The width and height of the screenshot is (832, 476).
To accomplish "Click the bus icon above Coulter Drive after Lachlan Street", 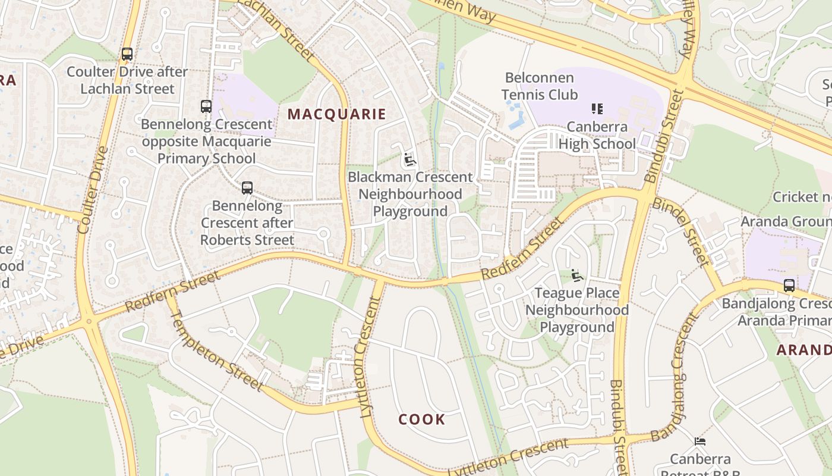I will coord(127,54).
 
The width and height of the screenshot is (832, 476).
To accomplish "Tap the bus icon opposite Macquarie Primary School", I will coord(206,107).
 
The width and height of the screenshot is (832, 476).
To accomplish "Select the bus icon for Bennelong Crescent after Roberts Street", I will coord(247,188).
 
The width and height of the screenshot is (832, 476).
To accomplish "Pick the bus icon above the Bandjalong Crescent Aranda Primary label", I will coord(789,286).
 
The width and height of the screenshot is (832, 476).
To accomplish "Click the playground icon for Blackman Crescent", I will coord(409,159).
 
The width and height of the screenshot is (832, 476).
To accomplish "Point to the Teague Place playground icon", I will coord(576,275).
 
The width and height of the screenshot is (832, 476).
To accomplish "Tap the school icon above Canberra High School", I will coord(597,109).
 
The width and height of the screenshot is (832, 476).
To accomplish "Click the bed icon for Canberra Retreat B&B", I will coord(700,441).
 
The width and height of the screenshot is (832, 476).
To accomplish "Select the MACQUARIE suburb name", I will coord(337,114).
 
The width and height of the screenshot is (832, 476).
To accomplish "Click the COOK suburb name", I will coord(422,419).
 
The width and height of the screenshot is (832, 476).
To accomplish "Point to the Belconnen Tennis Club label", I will coord(540,86).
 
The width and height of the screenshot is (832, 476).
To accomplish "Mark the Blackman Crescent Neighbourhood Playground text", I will coord(410,194).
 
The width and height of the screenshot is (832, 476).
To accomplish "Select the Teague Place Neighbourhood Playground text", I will coord(577,310).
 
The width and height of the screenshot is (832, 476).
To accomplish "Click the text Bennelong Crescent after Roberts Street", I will coord(247,223).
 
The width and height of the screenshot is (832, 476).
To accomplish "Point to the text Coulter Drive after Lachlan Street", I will coord(127,80).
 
